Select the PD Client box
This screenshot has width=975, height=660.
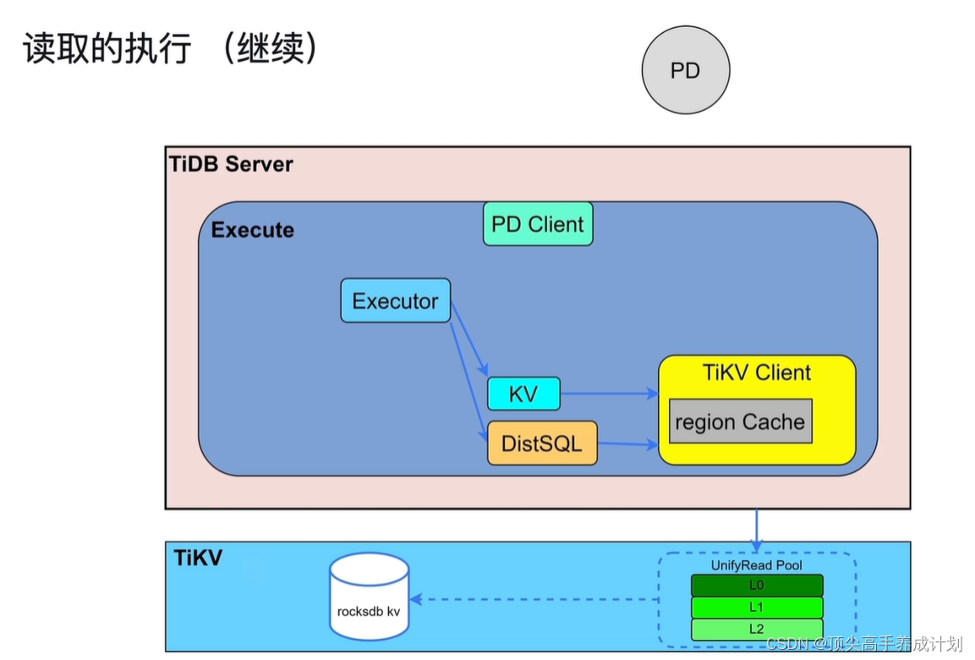538,224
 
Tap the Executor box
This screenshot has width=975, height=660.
395,300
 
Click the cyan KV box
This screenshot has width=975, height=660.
523,393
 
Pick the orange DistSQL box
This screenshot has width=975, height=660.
542,443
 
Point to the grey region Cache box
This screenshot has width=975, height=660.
741,421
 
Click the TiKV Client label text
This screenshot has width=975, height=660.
757,372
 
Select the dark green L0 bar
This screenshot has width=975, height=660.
757,586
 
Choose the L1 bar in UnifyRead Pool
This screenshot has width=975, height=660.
757,608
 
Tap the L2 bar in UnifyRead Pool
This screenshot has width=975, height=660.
757,629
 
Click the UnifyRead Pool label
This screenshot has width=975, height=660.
757,565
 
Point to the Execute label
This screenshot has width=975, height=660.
253,230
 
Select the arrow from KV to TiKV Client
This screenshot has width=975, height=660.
609,393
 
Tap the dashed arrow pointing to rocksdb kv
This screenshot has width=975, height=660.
541,599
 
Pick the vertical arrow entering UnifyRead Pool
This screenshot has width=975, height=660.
756,529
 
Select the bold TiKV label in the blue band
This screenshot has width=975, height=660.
198,558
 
